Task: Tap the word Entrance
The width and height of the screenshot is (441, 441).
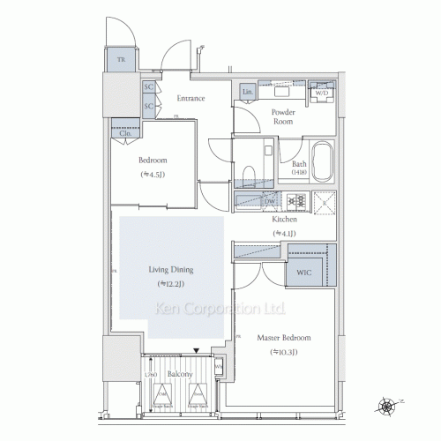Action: [191, 98]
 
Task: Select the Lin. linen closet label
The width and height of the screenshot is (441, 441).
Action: [248, 92]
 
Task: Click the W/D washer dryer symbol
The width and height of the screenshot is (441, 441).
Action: [323, 93]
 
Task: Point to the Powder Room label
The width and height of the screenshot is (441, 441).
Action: [283, 117]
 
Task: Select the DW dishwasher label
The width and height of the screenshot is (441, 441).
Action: [268, 202]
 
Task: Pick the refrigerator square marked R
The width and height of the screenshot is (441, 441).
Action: [324, 201]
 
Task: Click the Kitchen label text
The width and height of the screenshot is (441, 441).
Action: [284, 220]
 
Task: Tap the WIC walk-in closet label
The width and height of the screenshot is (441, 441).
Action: [304, 272]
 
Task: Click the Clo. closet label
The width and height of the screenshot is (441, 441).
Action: [125, 133]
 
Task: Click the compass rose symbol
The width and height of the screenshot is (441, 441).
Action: [385, 407]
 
